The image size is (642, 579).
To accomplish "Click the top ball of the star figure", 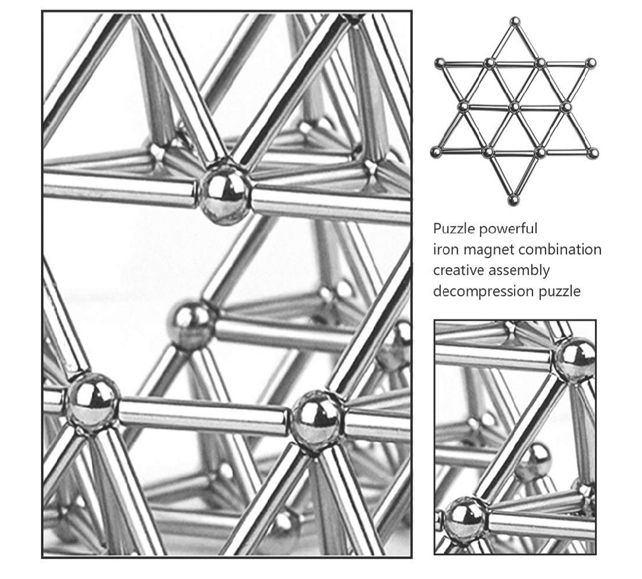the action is (515, 21).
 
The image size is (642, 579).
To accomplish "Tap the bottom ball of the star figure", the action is (513, 200).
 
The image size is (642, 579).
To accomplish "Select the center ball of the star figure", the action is (515, 107).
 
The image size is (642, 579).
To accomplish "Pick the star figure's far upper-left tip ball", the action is (440, 64).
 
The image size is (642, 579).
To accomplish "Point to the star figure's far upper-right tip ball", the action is (590, 64).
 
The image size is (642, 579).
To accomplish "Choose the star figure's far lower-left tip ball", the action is (437, 152).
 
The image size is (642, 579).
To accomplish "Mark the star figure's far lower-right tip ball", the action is (593, 154).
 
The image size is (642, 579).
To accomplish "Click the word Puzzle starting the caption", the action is (453, 229).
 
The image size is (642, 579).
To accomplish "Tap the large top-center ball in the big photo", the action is (224, 192).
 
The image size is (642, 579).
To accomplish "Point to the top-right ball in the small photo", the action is (574, 361).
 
